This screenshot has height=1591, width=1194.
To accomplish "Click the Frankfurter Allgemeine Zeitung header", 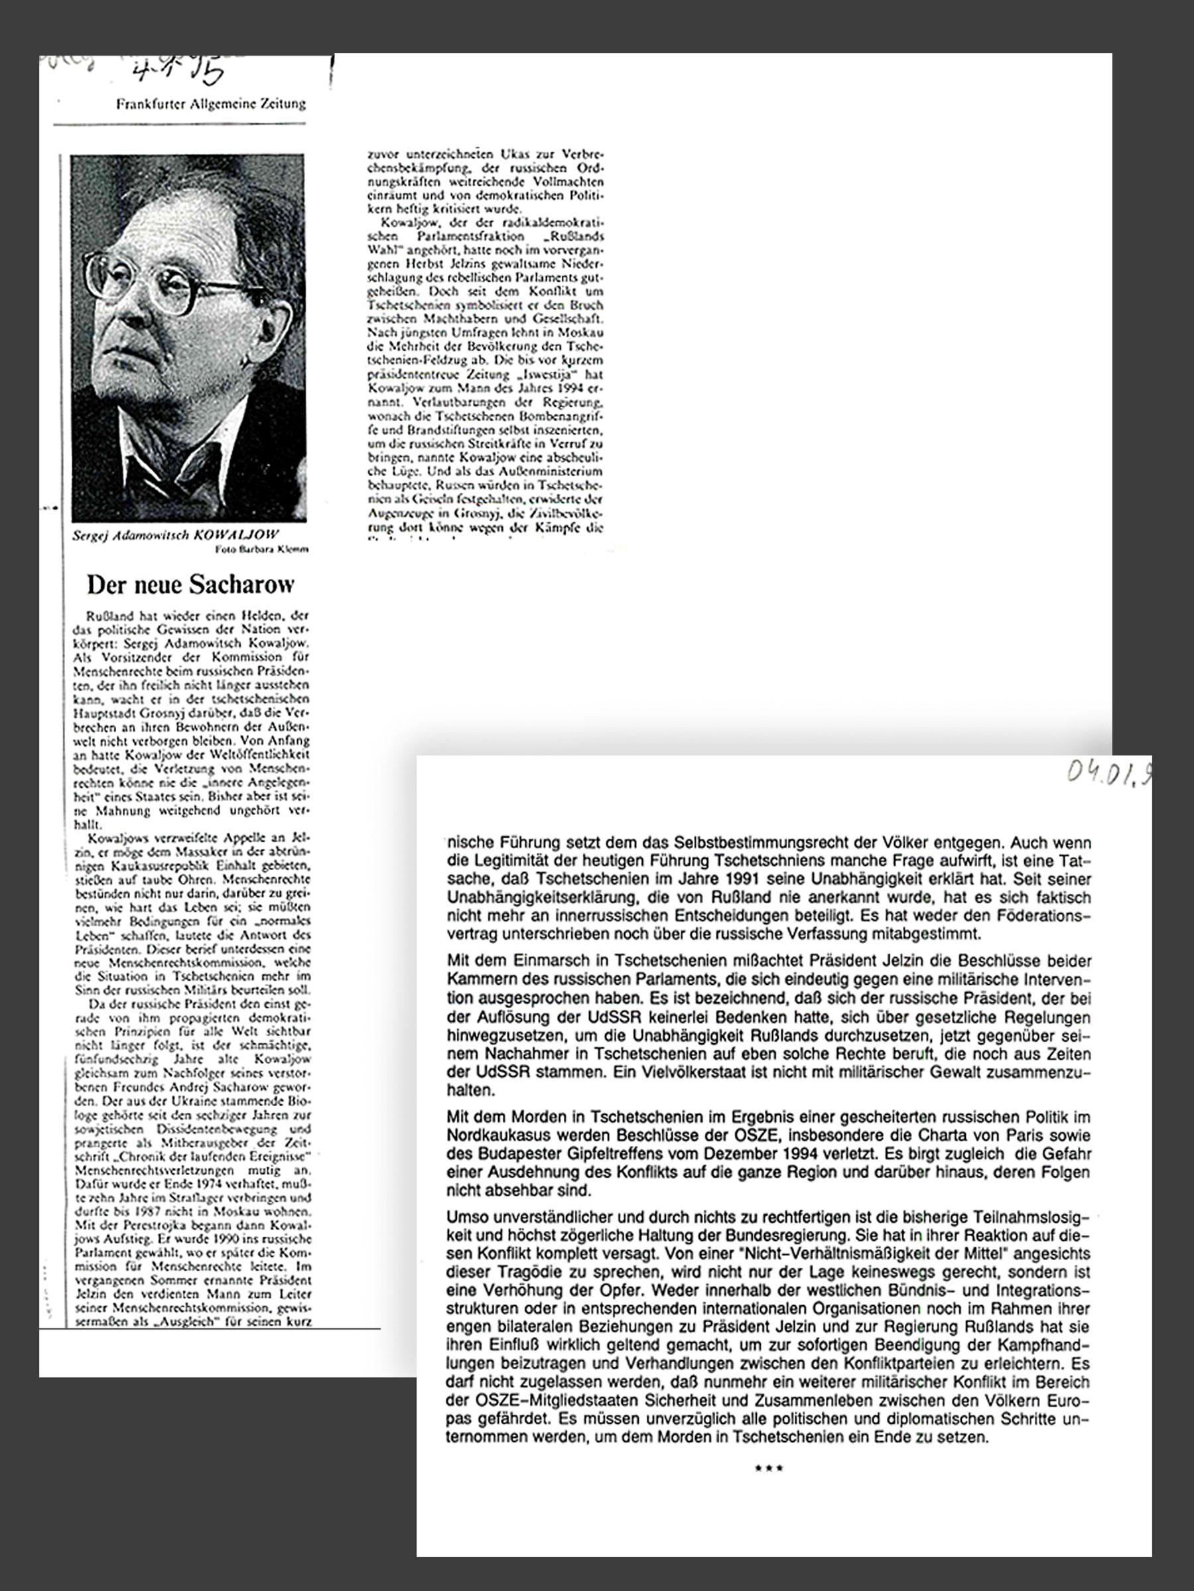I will (x=211, y=103).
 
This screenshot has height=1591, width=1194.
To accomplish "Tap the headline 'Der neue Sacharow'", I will (x=190, y=585).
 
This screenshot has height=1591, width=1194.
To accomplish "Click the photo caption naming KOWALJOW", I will (x=176, y=535).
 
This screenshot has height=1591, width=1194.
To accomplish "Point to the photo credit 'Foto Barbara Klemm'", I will (x=262, y=550).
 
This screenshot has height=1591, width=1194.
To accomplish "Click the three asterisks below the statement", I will (x=768, y=1469).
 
